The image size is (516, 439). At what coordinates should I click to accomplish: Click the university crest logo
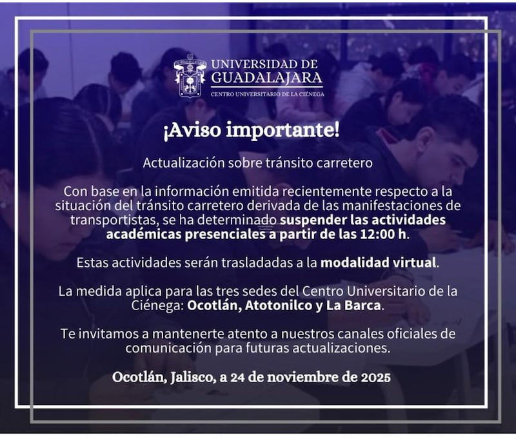click(x=190, y=75)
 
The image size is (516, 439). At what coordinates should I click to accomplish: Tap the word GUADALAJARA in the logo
click(x=266, y=78)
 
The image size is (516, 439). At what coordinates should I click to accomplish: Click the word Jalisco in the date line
click(x=192, y=376)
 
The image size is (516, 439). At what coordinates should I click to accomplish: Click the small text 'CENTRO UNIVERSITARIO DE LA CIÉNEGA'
click(x=268, y=94)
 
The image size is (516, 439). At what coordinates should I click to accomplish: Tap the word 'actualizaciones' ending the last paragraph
click(x=347, y=348)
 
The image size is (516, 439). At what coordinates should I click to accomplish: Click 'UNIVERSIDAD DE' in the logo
click(x=264, y=64)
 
